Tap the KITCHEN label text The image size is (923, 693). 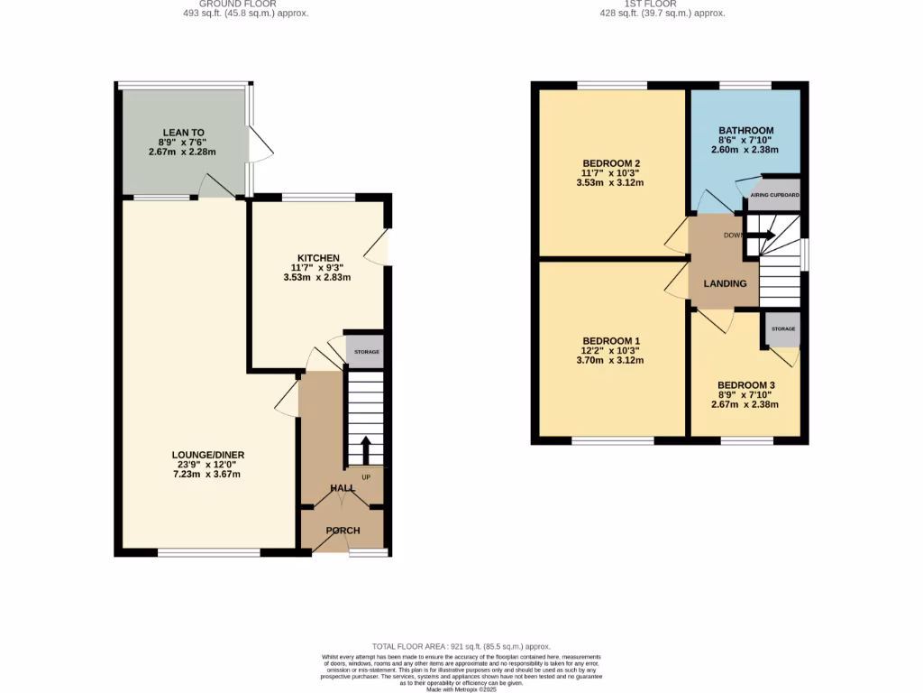(x=318, y=258)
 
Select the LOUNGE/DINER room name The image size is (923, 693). (x=208, y=455)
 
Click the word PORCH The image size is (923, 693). (x=343, y=531)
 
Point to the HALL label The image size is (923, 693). (x=342, y=487)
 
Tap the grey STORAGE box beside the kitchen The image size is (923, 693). (x=364, y=352)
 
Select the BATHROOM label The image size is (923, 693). (x=745, y=131)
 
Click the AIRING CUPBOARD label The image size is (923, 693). (x=773, y=195)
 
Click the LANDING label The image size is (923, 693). (x=725, y=283)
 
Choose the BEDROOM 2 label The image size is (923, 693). (x=610, y=163)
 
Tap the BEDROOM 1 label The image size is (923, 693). (x=610, y=340)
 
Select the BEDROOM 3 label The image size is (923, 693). (x=745, y=384)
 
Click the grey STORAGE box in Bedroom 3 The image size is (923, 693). (x=781, y=329)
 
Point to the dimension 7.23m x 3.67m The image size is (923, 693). (x=208, y=475)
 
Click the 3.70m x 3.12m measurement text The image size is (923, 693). (x=610, y=360)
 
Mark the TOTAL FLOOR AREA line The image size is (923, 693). (x=461, y=647)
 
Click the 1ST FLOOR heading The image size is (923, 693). (x=662, y=4)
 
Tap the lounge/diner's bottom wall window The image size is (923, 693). (x=209, y=552)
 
